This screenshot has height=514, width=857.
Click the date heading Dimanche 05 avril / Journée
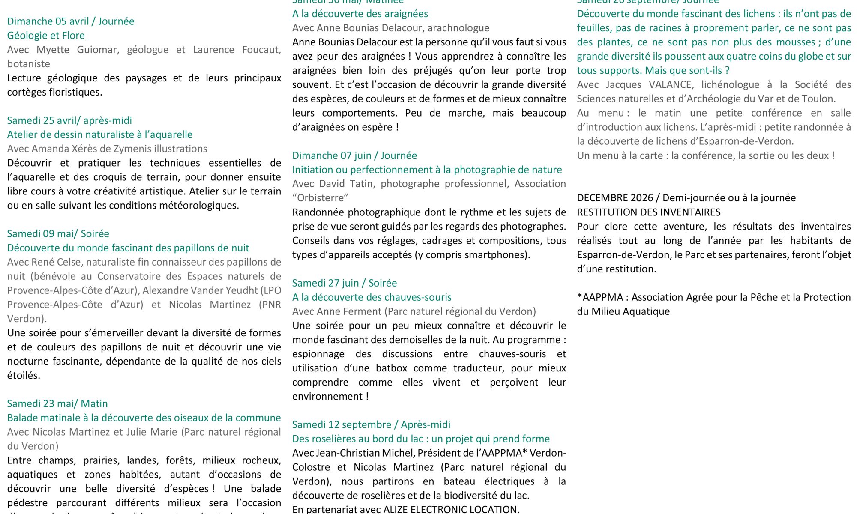[x=71, y=21]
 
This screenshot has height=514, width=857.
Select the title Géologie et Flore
[x=46, y=36]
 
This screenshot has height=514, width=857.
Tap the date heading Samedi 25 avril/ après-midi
[x=69, y=120]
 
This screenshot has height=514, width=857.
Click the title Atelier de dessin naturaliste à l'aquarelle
[x=100, y=134]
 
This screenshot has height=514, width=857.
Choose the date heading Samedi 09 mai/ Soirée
[x=58, y=234]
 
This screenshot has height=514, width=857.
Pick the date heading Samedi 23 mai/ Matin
[x=57, y=404]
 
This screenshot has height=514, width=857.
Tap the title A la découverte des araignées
[x=360, y=14]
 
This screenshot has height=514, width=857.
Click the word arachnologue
[x=458, y=28]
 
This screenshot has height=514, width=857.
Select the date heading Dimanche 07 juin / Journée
[x=354, y=155]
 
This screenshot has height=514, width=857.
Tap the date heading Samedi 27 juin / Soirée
[x=345, y=283]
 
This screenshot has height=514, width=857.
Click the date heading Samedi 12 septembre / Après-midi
[x=371, y=425]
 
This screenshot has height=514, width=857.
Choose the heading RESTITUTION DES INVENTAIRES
[x=649, y=212]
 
